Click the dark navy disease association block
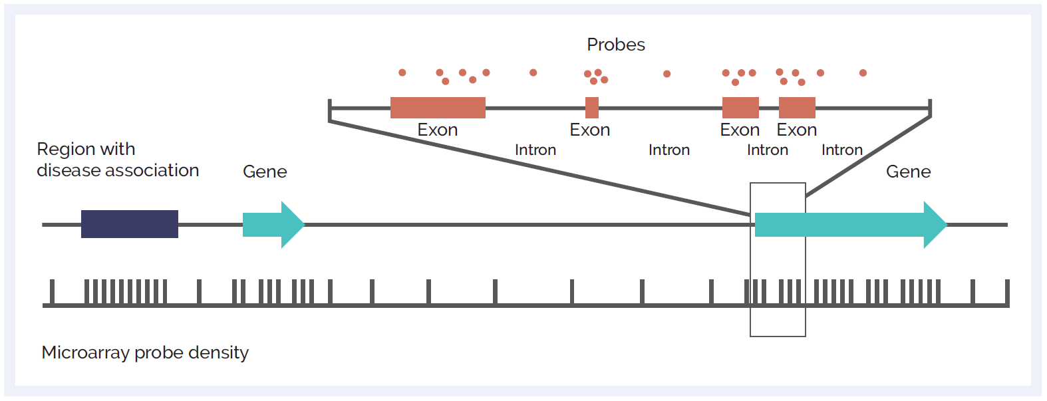click(130, 224)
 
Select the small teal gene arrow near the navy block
click(273, 225)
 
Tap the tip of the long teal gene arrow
click(947, 225)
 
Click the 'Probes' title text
click(615, 45)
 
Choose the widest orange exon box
click(438, 108)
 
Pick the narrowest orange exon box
click(592, 108)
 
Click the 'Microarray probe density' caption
click(145, 353)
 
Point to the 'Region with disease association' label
click(118, 160)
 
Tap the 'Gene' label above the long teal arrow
click(908, 172)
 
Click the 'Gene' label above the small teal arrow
click(265, 172)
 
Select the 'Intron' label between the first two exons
click(535, 150)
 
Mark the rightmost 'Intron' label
click(842, 150)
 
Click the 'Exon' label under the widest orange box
click(438, 130)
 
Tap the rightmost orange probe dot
click(863, 73)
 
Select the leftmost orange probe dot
click(402, 72)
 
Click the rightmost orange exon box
click(797, 108)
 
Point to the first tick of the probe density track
click(52, 292)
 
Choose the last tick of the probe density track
click(1007, 292)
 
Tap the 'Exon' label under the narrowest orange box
click(590, 130)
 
